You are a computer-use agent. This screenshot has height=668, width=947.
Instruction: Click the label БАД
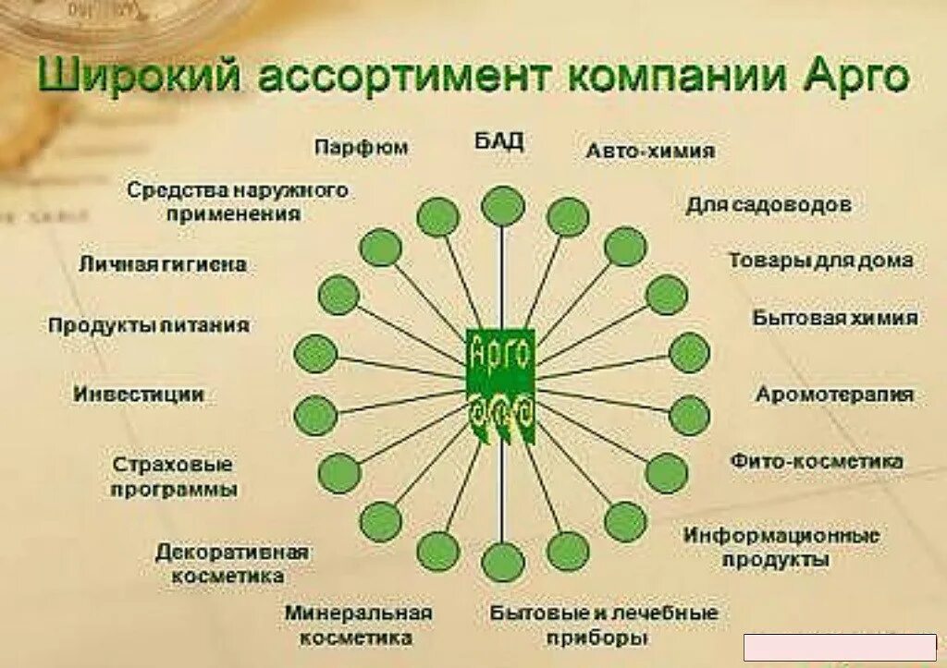pos(499,141)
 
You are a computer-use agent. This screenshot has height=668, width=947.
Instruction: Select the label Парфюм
pos(361,148)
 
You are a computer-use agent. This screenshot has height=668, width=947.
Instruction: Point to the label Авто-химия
pos(650,151)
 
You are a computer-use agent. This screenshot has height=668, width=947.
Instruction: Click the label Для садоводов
pos(769,204)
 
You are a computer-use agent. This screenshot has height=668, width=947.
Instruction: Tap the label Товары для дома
pos(820,261)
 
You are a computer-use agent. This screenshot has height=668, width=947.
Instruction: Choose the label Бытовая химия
pos(835,318)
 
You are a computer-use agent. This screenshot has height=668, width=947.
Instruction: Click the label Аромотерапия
pos(835,395)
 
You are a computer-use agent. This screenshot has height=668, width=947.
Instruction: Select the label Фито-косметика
pos(817,460)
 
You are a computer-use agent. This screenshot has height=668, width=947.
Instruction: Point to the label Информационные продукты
pos(782,547)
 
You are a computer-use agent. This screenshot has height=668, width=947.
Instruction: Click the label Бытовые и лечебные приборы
pos(604,625)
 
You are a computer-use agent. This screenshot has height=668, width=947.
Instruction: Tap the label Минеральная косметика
pos(359,625)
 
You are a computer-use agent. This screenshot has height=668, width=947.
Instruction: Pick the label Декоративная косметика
pos(231,564)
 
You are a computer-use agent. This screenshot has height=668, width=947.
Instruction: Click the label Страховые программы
pos(174,476)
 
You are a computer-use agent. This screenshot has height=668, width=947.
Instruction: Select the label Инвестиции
pos(139,395)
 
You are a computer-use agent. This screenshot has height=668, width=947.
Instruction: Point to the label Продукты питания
pos(149,325)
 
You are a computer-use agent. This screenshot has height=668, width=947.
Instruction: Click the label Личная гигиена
pos(163,265)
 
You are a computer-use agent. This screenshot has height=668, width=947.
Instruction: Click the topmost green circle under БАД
pos(502,205)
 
